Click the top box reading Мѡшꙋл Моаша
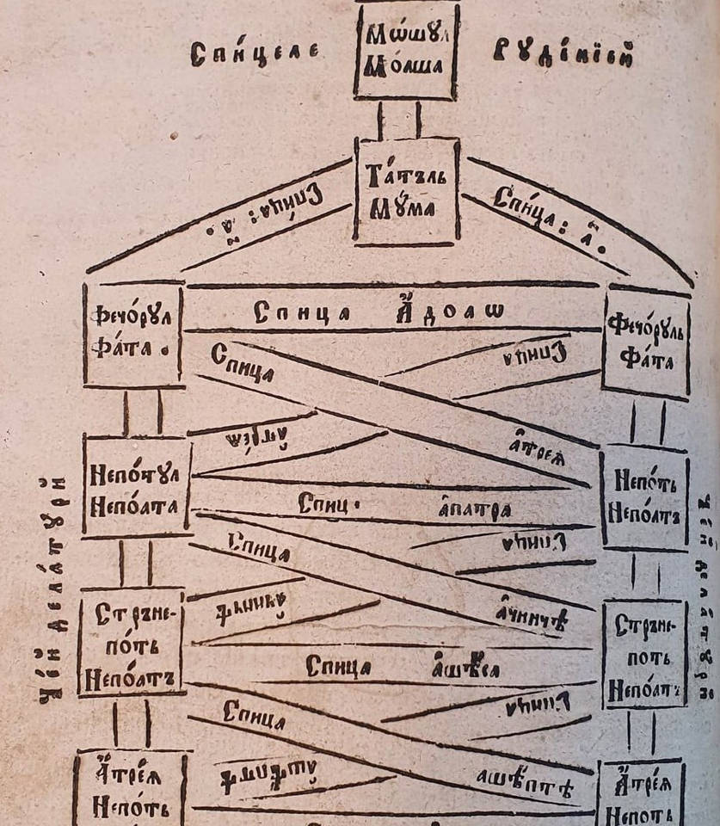click(x=404, y=52)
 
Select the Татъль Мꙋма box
click(x=406, y=192)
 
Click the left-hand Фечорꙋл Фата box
click(x=133, y=335)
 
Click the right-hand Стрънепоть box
click(x=644, y=654)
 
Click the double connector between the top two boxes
click(x=399, y=120)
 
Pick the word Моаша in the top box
click(x=404, y=66)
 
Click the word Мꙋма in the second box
click(x=406, y=206)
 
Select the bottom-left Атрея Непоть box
click(x=129, y=787)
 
